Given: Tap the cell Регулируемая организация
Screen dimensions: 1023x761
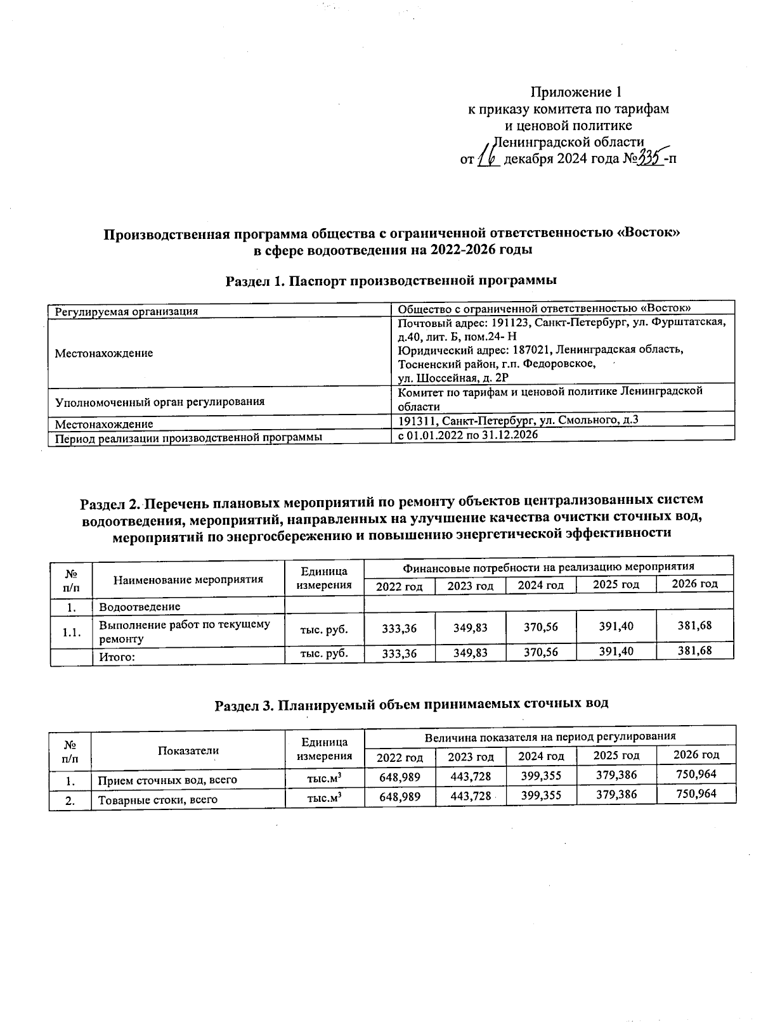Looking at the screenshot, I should (x=127, y=311).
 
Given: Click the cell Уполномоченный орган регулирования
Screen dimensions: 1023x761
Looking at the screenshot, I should (x=160, y=402).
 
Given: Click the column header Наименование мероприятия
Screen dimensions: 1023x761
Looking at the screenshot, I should (x=188, y=579).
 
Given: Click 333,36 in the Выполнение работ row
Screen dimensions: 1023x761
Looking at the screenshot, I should (x=400, y=628).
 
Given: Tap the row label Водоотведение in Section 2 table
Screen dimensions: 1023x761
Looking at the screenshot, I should (x=140, y=607).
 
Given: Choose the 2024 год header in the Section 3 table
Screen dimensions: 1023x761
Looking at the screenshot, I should (x=540, y=756).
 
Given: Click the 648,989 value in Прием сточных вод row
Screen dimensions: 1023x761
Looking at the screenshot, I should (x=400, y=776).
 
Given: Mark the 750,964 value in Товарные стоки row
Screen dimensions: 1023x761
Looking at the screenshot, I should (x=696, y=794).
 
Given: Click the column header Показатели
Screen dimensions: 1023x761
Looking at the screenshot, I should (x=188, y=750).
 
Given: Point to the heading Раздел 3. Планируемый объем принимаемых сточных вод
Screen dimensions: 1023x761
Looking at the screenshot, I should (x=411, y=704).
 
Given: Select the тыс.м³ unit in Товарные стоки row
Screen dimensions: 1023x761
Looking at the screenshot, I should (x=325, y=799).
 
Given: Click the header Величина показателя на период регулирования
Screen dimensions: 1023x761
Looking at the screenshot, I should (x=549, y=737).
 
